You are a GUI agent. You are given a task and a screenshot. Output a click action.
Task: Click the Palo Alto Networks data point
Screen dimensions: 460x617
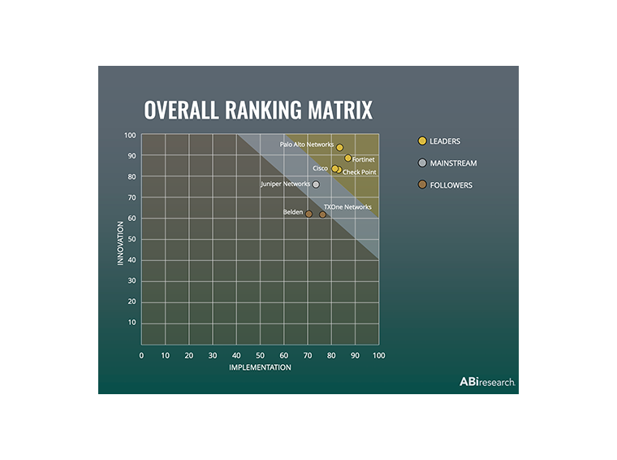click(x=339, y=148)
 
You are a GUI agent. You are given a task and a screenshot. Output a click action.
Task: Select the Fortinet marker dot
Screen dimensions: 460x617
click(x=347, y=158)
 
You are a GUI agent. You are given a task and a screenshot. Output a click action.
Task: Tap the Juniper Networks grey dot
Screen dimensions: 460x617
click(x=316, y=184)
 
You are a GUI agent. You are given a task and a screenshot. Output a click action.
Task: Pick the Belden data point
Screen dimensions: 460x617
click(x=308, y=214)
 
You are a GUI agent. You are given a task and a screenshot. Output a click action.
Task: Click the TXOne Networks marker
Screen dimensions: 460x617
click(x=322, y=215)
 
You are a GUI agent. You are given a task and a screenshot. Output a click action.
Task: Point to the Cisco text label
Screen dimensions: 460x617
click(x=321, y=168)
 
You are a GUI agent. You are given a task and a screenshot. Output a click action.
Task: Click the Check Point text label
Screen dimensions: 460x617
click(x=359, y=172)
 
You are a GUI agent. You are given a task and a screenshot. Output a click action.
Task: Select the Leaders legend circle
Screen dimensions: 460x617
click(x=422, y=141)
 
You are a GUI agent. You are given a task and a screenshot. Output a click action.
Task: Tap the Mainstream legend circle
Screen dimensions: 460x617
click(x=422, y=163)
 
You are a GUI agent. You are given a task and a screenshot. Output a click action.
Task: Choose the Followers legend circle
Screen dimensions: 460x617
click(x=422, y=185)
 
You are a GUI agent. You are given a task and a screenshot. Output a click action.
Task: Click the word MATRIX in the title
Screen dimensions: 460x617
click(x=335, y=110)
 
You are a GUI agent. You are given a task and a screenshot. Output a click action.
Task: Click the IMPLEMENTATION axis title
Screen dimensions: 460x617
click(x=260, y=368)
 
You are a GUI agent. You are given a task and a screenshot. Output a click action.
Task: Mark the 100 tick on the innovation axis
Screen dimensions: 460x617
click(x=130, y=135)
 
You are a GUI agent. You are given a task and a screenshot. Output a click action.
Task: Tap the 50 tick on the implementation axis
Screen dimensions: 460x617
click(x=260, y=356)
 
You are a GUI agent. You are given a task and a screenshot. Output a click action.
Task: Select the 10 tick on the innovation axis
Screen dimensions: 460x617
click(x=132, y=323)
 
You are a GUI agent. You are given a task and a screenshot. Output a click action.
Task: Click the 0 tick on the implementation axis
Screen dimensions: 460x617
click(x=141, y=356)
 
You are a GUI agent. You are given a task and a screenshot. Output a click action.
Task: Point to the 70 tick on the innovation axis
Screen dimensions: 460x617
click(x=132, y=197)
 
